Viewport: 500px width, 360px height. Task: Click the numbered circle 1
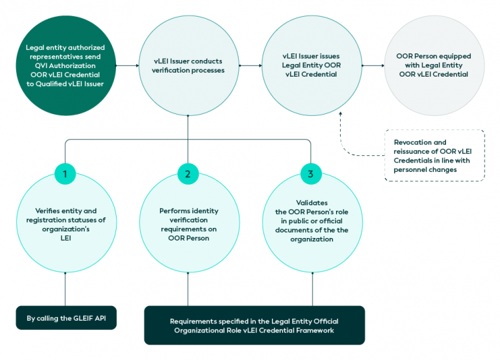65,174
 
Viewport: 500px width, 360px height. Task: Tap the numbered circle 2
188,174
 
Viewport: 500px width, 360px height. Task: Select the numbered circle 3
311,174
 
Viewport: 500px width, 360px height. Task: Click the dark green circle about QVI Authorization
65,66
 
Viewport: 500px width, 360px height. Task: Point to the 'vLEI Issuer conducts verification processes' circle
189,66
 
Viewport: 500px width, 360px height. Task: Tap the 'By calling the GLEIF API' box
65,318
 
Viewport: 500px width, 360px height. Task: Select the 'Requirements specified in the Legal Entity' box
254,325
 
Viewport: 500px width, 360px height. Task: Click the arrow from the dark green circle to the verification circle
126,66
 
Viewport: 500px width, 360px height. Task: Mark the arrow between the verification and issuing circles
249,66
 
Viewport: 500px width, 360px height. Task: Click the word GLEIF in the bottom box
79,318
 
